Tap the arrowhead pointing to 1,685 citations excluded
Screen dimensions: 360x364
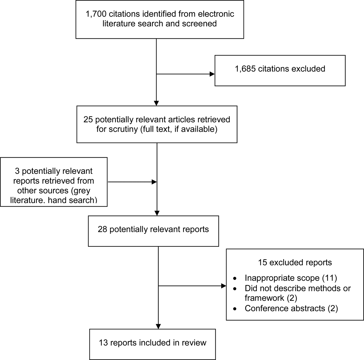coord(212,74)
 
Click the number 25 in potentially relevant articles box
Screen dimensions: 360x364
coord(88,119)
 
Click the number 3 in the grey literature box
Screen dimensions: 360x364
coord(17,171)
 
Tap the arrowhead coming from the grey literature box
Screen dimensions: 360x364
coord(154,182)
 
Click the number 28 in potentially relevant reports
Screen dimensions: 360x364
coord(102,229)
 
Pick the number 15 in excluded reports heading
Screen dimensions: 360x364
coord(262,262)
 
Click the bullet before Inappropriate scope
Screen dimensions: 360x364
coord(235,279)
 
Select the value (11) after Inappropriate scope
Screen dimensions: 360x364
coord(329,278)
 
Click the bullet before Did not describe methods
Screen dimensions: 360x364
coord(235,289)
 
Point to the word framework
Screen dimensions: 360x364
coord(264,298)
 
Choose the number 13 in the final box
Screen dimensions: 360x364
coord(103,343)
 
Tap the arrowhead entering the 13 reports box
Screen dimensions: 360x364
coord(158,326)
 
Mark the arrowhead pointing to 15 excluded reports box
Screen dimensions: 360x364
coord(223,286)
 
